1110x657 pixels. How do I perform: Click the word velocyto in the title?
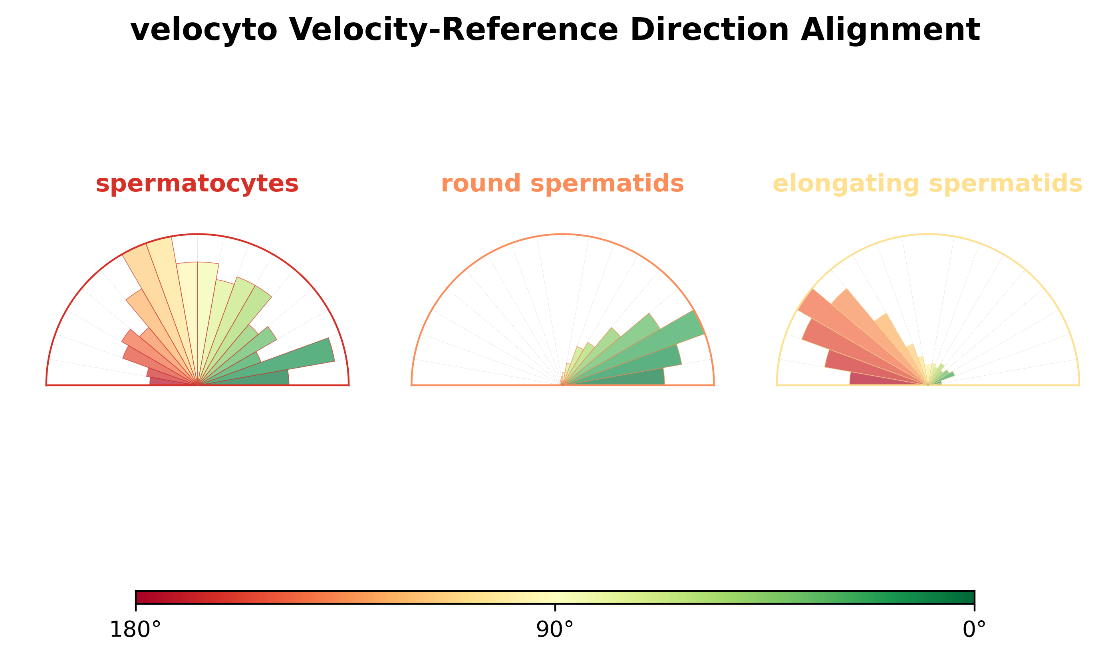click(204, 30)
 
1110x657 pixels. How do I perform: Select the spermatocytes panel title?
click(197, 184)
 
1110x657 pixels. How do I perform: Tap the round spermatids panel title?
click(562, 184)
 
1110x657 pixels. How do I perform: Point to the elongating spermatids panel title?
click(927, 184)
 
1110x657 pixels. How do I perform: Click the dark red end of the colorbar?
click(141, 597)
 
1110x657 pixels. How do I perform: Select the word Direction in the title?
click(709, 30)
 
